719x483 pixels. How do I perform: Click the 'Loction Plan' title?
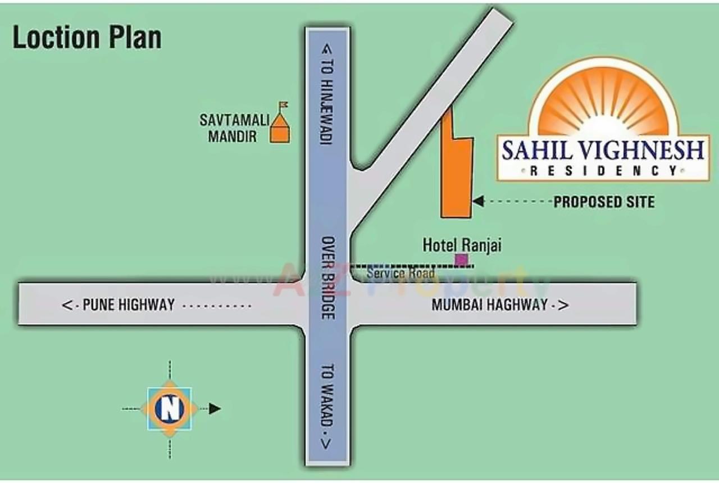tap(87, 38)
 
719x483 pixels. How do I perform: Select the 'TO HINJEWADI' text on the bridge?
tap(326, 94)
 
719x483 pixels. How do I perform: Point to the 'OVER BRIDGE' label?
tap(327, 277)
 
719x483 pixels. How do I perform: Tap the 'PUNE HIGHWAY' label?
tap(129, 305)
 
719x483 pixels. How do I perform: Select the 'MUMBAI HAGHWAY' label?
tap(489, 305)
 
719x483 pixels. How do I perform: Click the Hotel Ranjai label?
tap(462, 245)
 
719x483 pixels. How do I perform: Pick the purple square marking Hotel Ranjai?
tap(461, 259)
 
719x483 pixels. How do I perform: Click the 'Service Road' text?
tap(401, 274)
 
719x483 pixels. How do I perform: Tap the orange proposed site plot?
tap(456, 174)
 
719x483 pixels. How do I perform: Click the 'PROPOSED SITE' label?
tap(604, 202)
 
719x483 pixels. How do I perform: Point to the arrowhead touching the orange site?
tap(478, 201)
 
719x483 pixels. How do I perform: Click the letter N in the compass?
tap(170, 408)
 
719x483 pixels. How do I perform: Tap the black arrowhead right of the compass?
tap(215, 409)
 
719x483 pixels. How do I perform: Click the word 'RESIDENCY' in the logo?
tap(603, 171)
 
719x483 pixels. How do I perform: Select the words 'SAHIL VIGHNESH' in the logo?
tap(603, 151)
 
